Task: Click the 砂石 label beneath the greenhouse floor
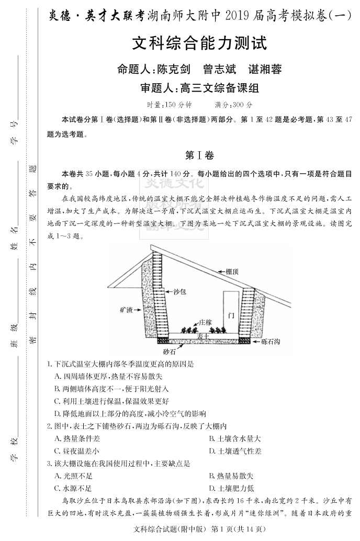coord(170,352)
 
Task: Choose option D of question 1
coord(130,413)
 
